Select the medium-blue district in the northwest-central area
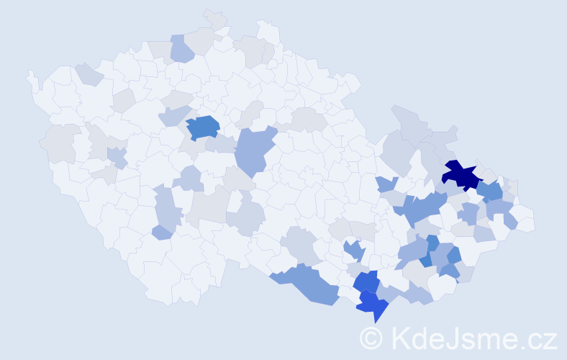203,127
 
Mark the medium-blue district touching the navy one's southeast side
491,191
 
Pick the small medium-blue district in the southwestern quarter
163,232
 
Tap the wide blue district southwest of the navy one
421,209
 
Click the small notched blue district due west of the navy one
386,184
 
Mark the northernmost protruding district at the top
214,19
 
